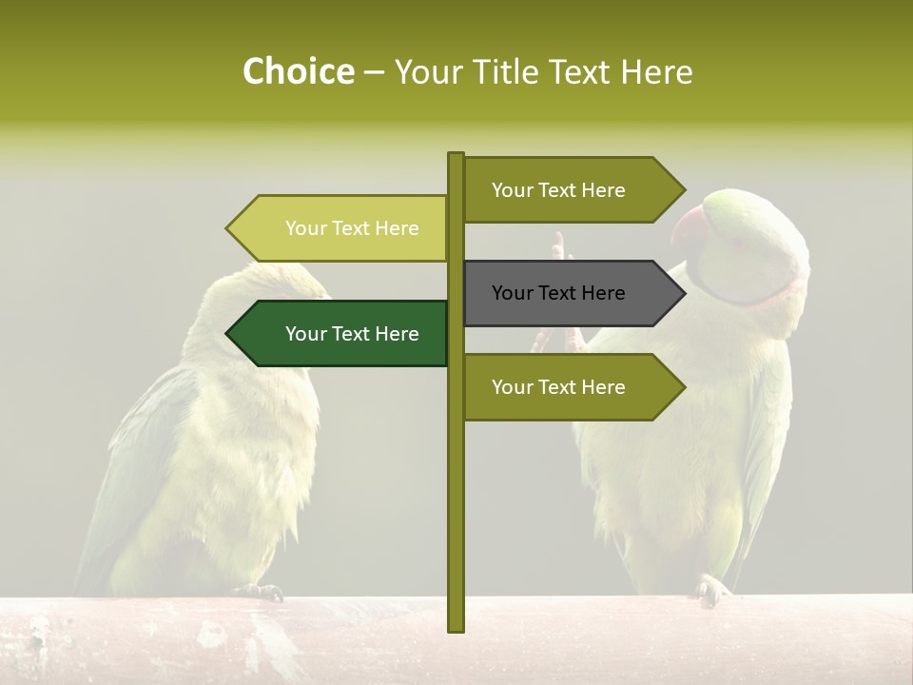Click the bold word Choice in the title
(x=298, y=71)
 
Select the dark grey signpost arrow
(x=572, y=293)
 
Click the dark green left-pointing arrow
(x=342, y=334)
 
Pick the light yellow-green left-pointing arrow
(x=342, y=228)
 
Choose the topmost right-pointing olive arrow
(x=572, y=190)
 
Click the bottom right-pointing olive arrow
(x=572, y=387)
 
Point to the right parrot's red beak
(x=688, y=229)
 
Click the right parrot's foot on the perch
(x=710, y=589)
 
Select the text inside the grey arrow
(x=558, y=293)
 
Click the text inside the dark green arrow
(x=352, y=334)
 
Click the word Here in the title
(x=657, y=72)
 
